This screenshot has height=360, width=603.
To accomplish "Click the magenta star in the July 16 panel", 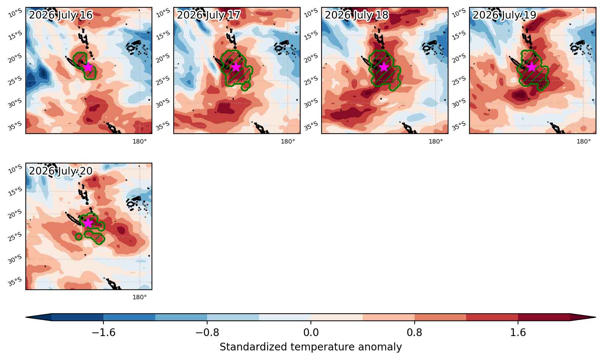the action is pos(88,67).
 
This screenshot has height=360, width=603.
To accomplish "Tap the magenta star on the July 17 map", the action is pos(236,67).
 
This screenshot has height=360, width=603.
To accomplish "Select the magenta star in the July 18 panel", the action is pos(384,67).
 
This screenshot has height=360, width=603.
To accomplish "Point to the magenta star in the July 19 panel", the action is pos(532,67).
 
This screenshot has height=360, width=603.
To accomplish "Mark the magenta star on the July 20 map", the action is pos(88,223).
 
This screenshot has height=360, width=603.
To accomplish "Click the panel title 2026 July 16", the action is pos(61,15).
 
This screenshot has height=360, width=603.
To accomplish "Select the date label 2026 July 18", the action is pos(357,15).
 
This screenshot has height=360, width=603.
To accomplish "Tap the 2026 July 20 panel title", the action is pos(61,171).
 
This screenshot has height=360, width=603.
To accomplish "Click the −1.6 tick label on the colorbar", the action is pos(103,333).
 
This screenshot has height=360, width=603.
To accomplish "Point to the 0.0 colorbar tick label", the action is pos(311,333).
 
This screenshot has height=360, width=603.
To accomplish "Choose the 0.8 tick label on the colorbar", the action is pos(415,333).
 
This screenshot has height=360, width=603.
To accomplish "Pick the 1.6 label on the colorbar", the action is pos(518,333).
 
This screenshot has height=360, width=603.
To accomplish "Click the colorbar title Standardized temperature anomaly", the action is pos(311,347).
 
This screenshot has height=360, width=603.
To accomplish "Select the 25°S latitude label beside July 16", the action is pos(15,80).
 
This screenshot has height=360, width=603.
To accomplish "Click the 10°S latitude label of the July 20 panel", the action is pos(15,169).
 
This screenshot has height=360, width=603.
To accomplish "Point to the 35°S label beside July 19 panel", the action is pos(459,126).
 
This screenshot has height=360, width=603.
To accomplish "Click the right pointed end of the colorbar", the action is pos(596,317).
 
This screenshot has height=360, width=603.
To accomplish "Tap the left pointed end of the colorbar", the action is pos(26,317).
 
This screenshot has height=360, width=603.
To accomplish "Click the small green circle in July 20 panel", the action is pos(78,237).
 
